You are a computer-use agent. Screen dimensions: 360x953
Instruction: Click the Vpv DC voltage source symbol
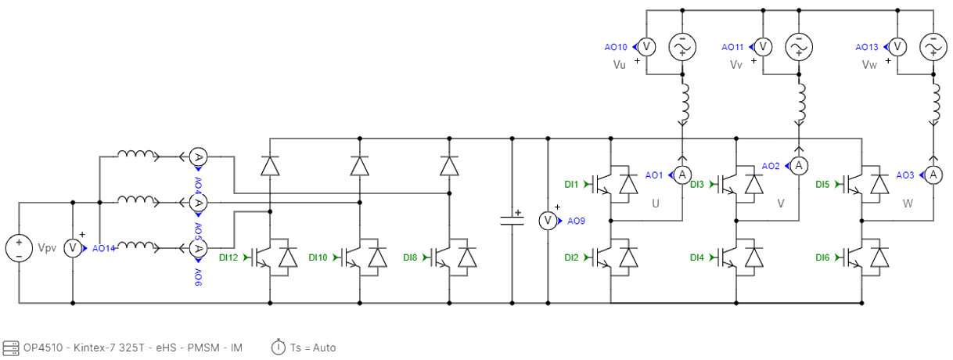click(18, 248)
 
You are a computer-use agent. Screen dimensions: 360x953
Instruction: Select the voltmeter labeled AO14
click(72, 248)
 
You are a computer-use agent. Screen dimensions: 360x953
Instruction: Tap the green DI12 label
click(228, 257)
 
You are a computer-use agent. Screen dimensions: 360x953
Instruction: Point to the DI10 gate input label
click(318, 257)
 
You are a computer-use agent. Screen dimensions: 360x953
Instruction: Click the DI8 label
click(409, 257)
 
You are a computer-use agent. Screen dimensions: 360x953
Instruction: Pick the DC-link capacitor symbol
click(512, 219)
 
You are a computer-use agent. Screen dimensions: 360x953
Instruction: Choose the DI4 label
click(697, 257)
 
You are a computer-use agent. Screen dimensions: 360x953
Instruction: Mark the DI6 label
click(822, 257)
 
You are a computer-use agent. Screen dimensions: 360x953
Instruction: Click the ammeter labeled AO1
click(681, 175)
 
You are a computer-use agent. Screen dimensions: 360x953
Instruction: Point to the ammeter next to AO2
click(799, 166)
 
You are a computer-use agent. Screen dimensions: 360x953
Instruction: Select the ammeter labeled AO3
click(932, 175)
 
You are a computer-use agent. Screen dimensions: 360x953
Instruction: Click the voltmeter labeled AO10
click(647, 48)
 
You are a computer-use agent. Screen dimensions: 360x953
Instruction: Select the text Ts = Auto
click(312, 347)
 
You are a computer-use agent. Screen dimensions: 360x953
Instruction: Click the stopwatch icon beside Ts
click(278, 347)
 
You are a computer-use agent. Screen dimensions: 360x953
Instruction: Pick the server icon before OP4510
click(10, 347)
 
